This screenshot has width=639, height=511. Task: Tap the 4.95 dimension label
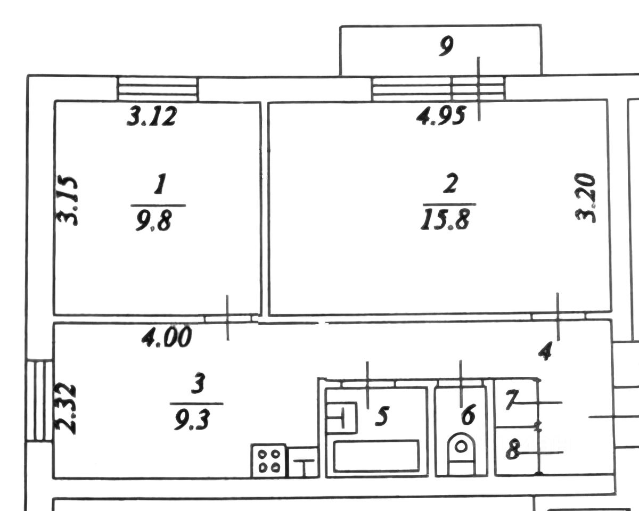(441, 116)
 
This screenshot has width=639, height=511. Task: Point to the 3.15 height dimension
(68, 201)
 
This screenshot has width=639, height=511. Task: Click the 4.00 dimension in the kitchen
(166, 337)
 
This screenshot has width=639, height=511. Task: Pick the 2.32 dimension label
(68, 408)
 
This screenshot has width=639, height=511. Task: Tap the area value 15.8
(445, 219)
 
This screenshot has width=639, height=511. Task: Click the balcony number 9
(446, 48)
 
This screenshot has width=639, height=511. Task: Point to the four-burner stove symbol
(269, 460)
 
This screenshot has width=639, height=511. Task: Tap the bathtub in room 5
(376, 455)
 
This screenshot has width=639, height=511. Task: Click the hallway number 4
(544, 351)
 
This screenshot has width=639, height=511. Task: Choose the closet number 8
(513, 451)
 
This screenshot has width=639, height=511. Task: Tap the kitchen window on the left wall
(40, 400)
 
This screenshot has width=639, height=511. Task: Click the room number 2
(450, 185)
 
